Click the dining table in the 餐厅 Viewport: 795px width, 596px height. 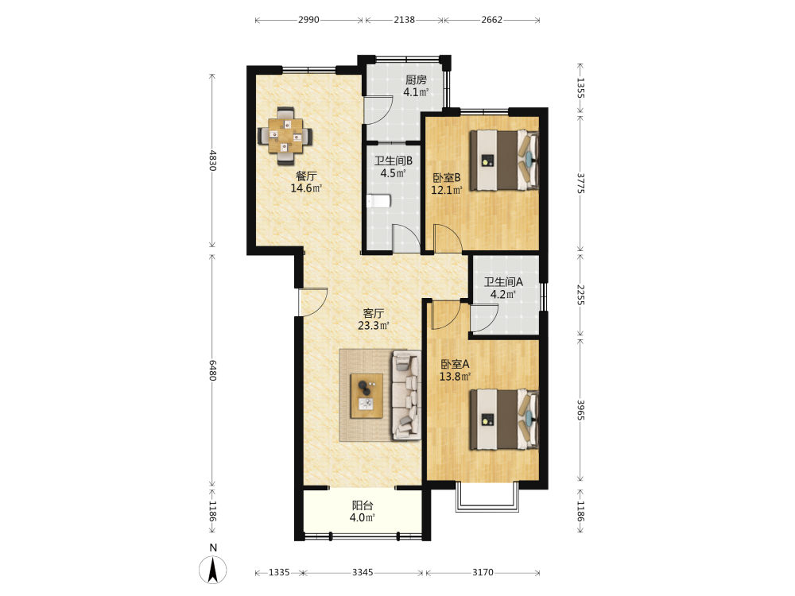285,136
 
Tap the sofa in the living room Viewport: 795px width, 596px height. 406,395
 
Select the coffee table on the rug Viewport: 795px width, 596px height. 367,396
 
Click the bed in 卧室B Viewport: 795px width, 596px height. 504,161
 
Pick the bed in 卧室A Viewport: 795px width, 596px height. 504,419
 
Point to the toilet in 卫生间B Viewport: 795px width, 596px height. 378,201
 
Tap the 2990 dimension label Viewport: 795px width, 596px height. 308,20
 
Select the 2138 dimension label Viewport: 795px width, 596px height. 404,20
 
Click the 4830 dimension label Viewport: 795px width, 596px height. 212,161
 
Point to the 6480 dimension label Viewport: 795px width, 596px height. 212,370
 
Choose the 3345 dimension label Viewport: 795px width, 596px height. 363,572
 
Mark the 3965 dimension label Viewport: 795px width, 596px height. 581,410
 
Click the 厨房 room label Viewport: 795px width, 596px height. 416,79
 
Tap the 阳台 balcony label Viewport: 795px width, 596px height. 363,505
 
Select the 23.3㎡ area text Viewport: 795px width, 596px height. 374,325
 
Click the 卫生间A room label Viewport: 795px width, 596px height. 503,282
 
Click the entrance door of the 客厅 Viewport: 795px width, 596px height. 312,302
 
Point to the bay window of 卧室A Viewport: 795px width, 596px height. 487,497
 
